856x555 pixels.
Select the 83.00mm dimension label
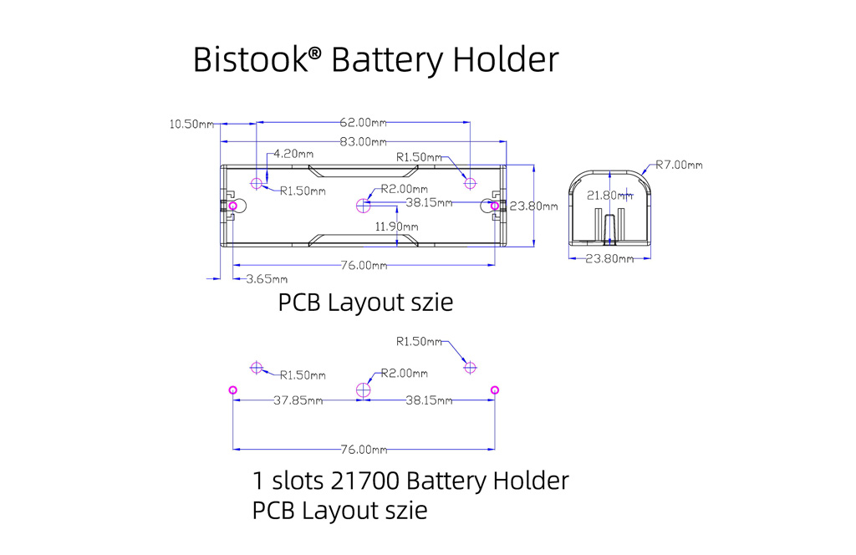click(x=364, y=142)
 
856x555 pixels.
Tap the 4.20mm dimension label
click(x=293, y=154)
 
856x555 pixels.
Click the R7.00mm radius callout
click(x=679, y=165)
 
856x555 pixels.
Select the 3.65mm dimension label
click(x=267, y=279)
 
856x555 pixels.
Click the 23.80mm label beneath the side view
click(x=609, y=258)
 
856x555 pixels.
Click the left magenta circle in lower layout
click(x=232, y=390)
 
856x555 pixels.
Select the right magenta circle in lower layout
click(x=495, y=390)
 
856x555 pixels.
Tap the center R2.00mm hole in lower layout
click(x=364, y=390)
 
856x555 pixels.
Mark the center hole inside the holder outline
click(x=362, y=205)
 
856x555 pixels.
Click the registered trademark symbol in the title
click(x=314, y=53)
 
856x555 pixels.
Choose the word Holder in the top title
click(x=507, y=60)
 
